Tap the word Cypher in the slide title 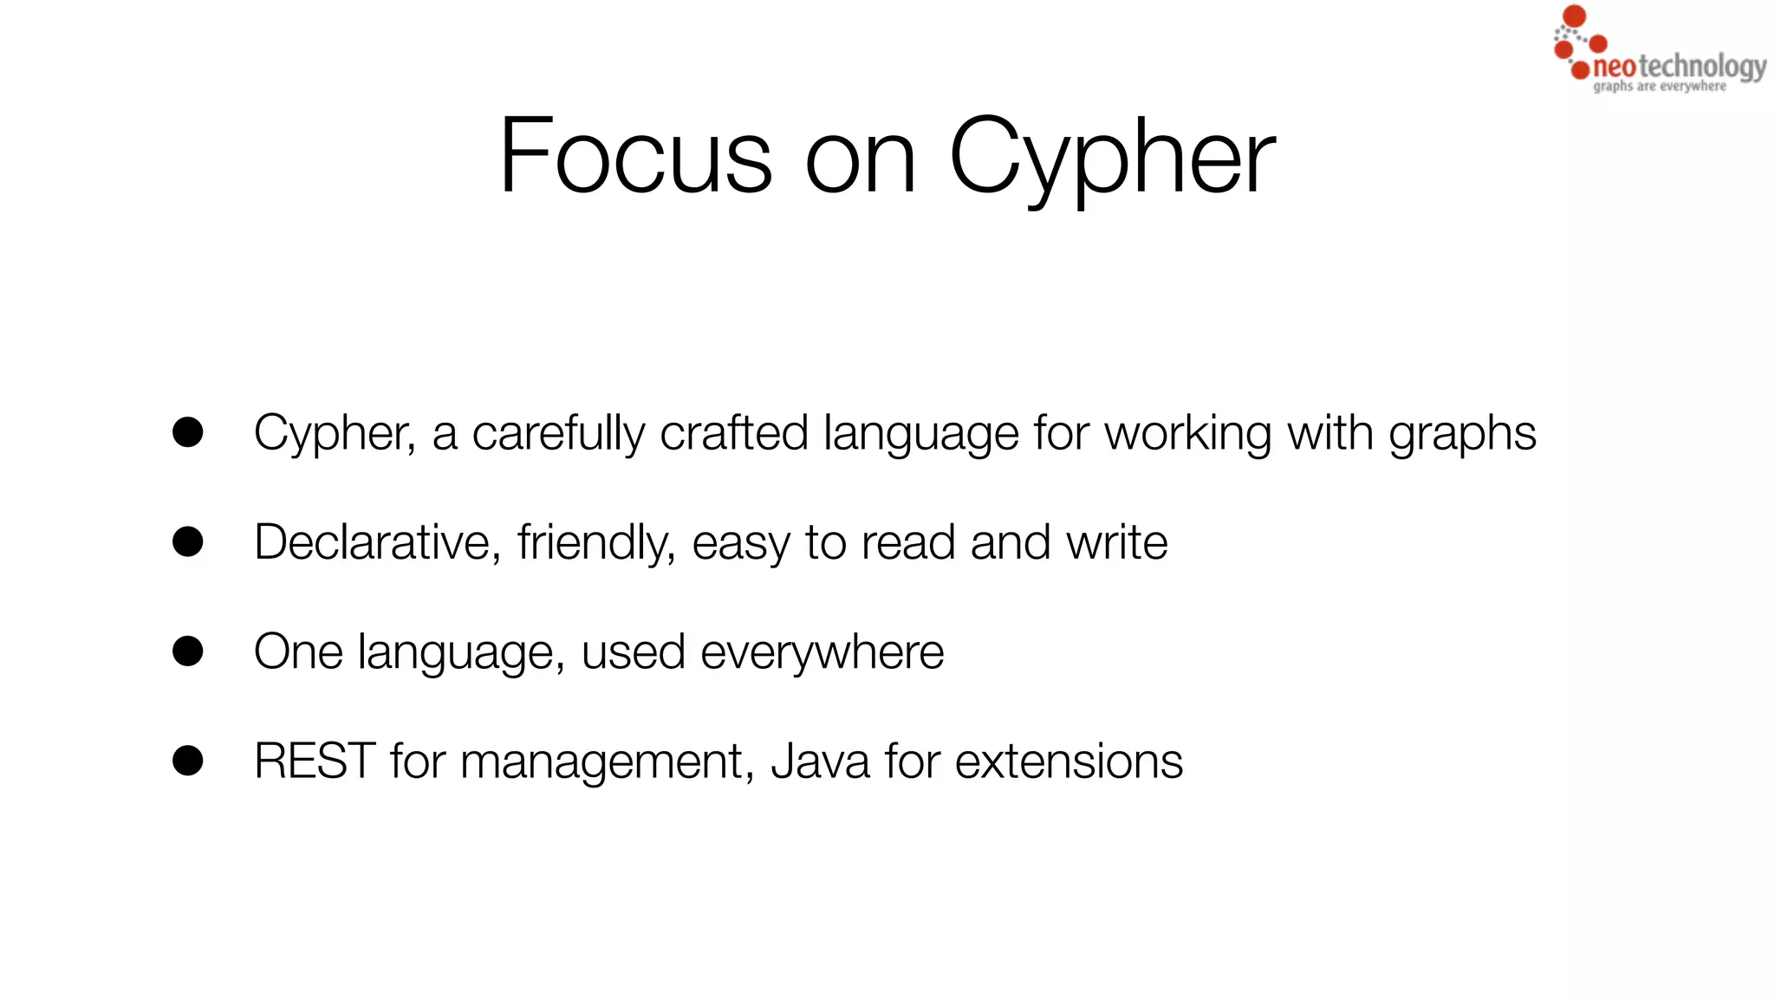click(1112, 158)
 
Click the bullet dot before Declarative click(188, 542)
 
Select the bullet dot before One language click(188, 651)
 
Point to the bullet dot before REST click(188, 761)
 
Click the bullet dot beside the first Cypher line click(188, 432)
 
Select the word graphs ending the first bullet click(1462, 434)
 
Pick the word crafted click(734, 432)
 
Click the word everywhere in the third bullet click(822, 652)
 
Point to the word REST click(315, 761)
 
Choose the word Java click(820, 761)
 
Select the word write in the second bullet click(1117, 542)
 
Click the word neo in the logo click(1615, 68)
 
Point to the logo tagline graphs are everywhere click(1660, 87)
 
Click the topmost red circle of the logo click(1574, 16)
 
